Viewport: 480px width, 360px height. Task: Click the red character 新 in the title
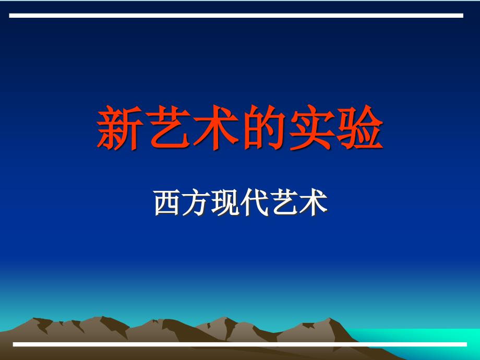[120, 127]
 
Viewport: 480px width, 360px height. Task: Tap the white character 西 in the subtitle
[167, 202]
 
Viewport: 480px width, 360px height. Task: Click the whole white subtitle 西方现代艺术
[241, 202]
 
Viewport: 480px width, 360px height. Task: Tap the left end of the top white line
[9, 16]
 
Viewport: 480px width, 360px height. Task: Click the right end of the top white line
[463, 16]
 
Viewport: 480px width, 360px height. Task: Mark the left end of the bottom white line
[13, 344]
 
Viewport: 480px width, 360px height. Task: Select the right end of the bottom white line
[467, 344]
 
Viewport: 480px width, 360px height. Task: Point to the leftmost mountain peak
[33, 318]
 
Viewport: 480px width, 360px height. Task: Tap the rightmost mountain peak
[329, 318]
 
